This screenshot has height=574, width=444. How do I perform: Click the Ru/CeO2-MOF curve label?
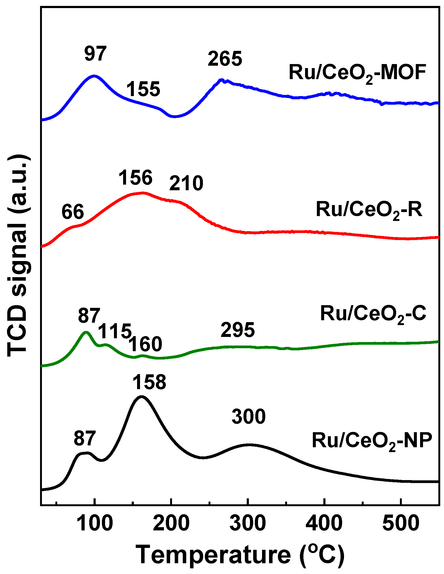(x=357, y=73)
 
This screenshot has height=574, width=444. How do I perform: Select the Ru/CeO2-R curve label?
(x=369, y=210)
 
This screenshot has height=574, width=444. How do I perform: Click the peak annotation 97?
(x=95, y=54)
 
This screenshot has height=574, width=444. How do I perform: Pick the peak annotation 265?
(x=225, y=59)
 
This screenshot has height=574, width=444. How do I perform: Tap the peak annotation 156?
(x=135, y=178)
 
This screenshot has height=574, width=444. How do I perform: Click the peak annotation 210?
(x=186, y=183)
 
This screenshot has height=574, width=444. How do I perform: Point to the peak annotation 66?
(x=73, y=212)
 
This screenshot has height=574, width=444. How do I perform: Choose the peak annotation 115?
(x=115, y=331)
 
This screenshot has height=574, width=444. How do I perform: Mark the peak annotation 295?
(x=238, y=330)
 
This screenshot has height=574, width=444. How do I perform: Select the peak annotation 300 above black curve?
(x=249, y=417)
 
